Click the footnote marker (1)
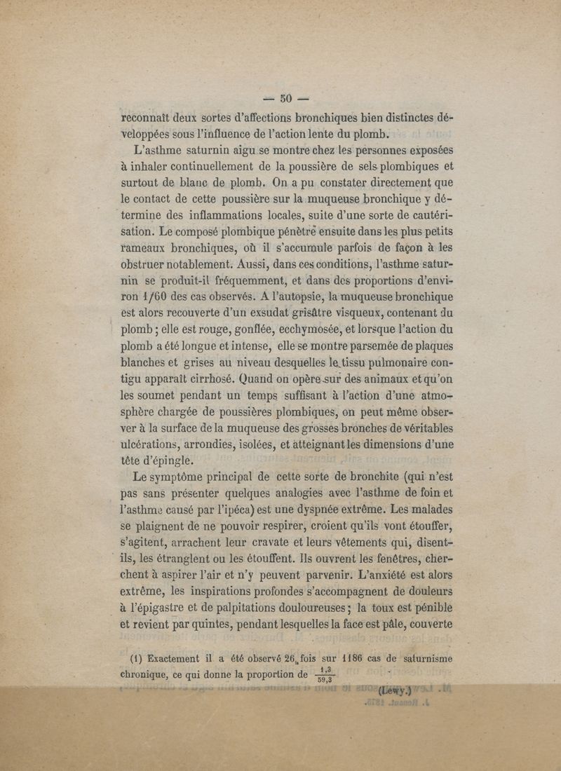point(137,657)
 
